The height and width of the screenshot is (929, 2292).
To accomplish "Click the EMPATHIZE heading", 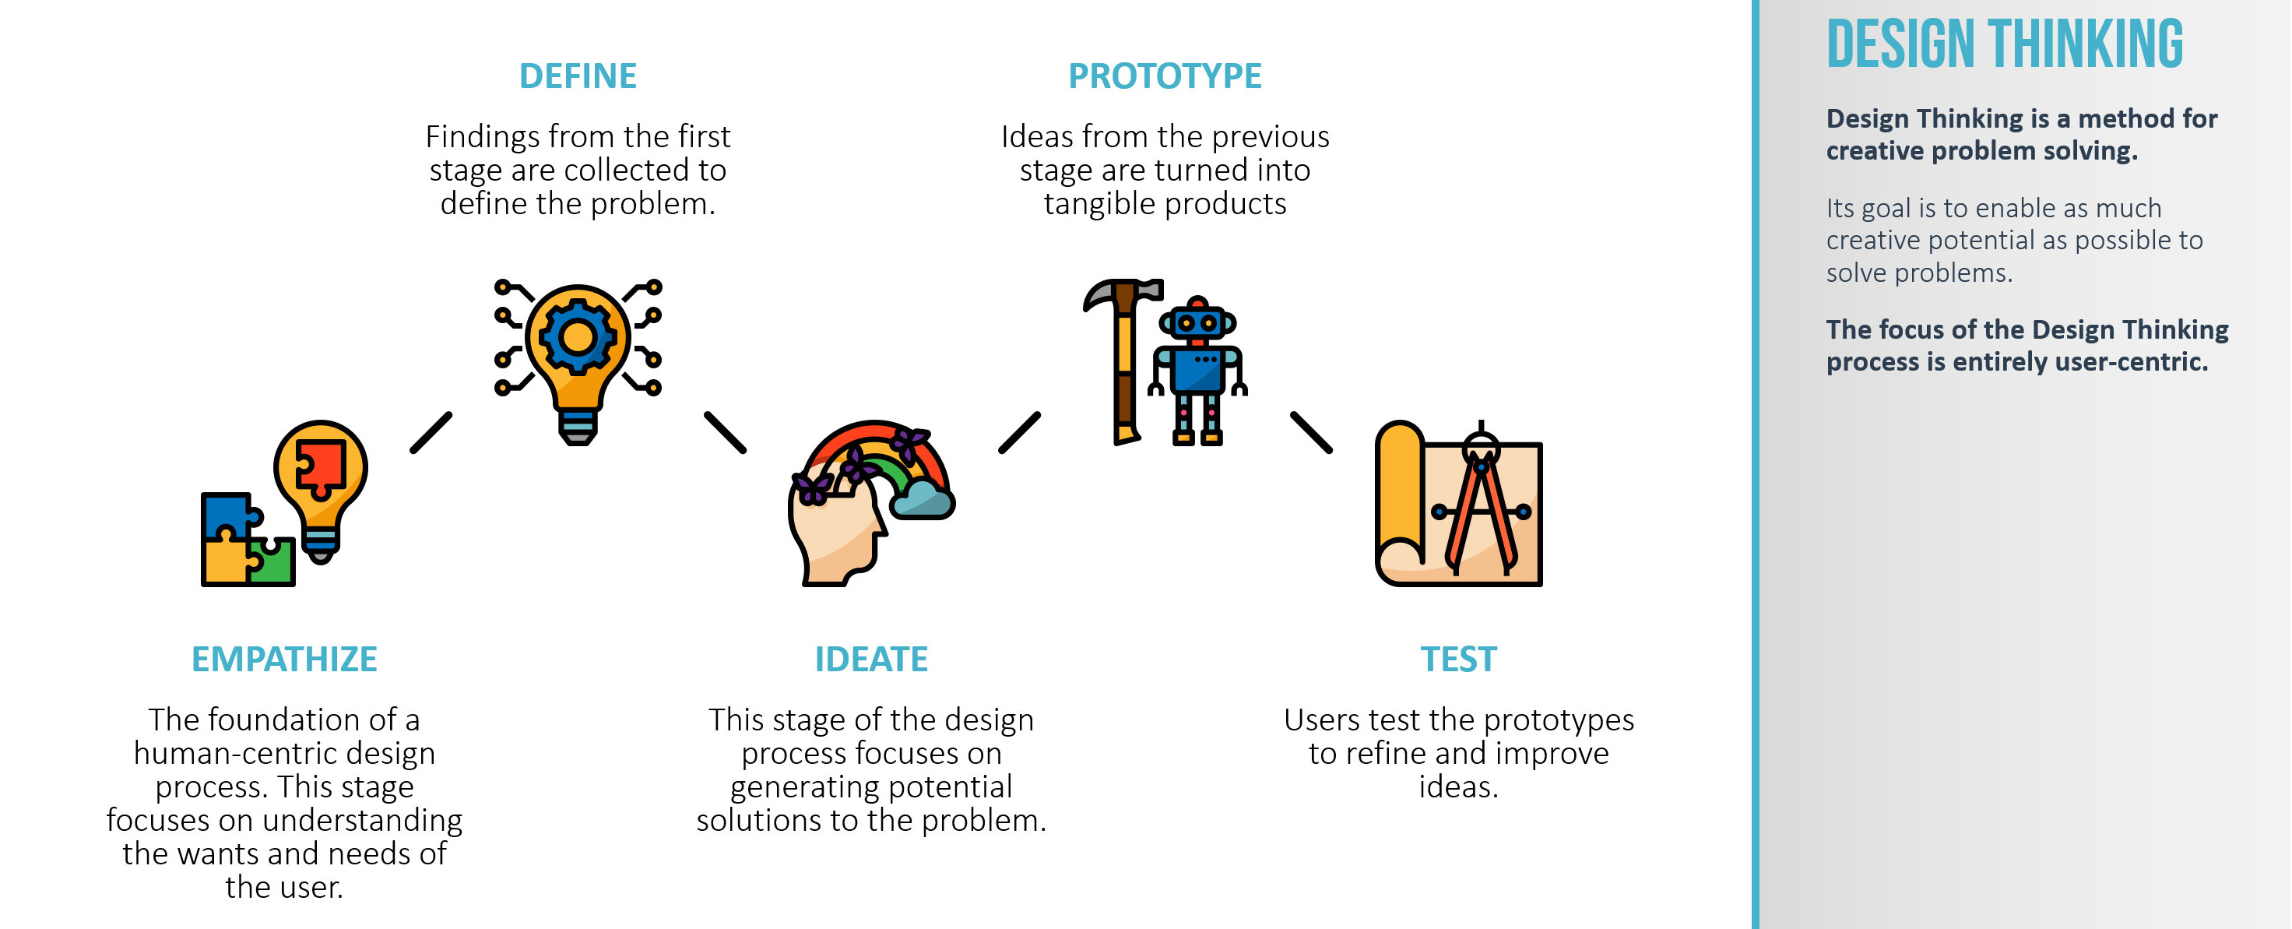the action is pos(284,660).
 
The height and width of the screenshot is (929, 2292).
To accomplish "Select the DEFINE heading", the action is pos(578,76).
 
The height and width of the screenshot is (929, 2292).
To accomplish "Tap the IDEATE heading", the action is pos(871,660).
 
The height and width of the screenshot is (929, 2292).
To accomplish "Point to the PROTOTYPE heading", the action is pos(1165,76).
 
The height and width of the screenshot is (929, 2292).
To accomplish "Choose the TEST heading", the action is pos(1458,660).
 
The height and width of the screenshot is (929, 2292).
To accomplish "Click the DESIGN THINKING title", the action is pos(2005,44).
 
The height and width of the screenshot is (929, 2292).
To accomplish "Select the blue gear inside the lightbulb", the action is pos(578,336).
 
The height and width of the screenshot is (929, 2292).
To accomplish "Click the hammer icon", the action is pos(1123,361).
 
